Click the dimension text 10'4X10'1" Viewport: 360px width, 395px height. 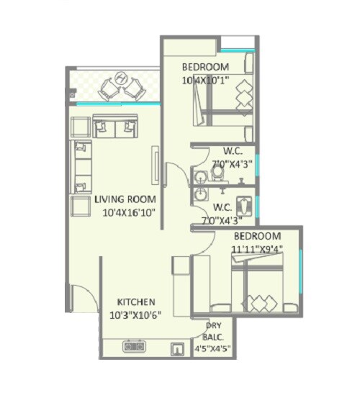(206, 79)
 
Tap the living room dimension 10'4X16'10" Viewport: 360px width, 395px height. (129, 212)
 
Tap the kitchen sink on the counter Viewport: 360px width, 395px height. (175, 349)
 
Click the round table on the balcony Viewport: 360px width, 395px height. (121, 78)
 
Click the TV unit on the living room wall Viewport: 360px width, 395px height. (155, 165)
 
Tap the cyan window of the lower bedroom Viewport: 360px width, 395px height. (300, 266)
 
